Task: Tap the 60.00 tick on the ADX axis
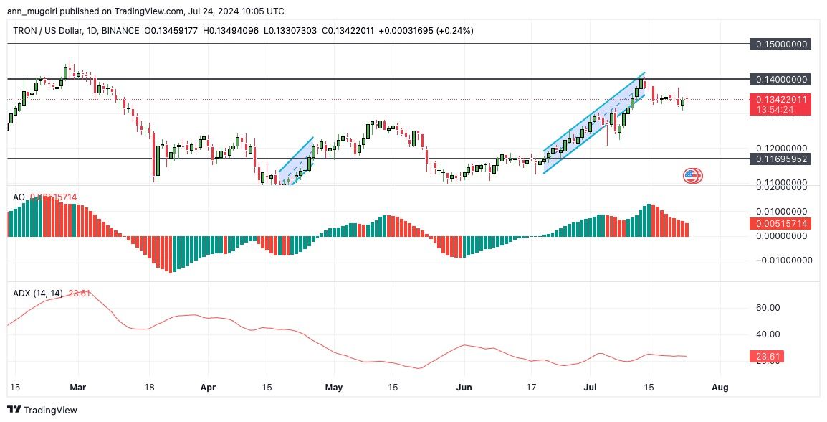coord(768,308)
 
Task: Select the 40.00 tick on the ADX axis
coord(768,334)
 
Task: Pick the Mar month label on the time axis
coord(77,388)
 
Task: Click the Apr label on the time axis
coord(208,388)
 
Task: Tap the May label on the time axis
coord(334,388)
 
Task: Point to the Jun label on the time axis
coord(464,388)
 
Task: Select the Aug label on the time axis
coord(720,388)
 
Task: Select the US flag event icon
coord(692,175)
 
